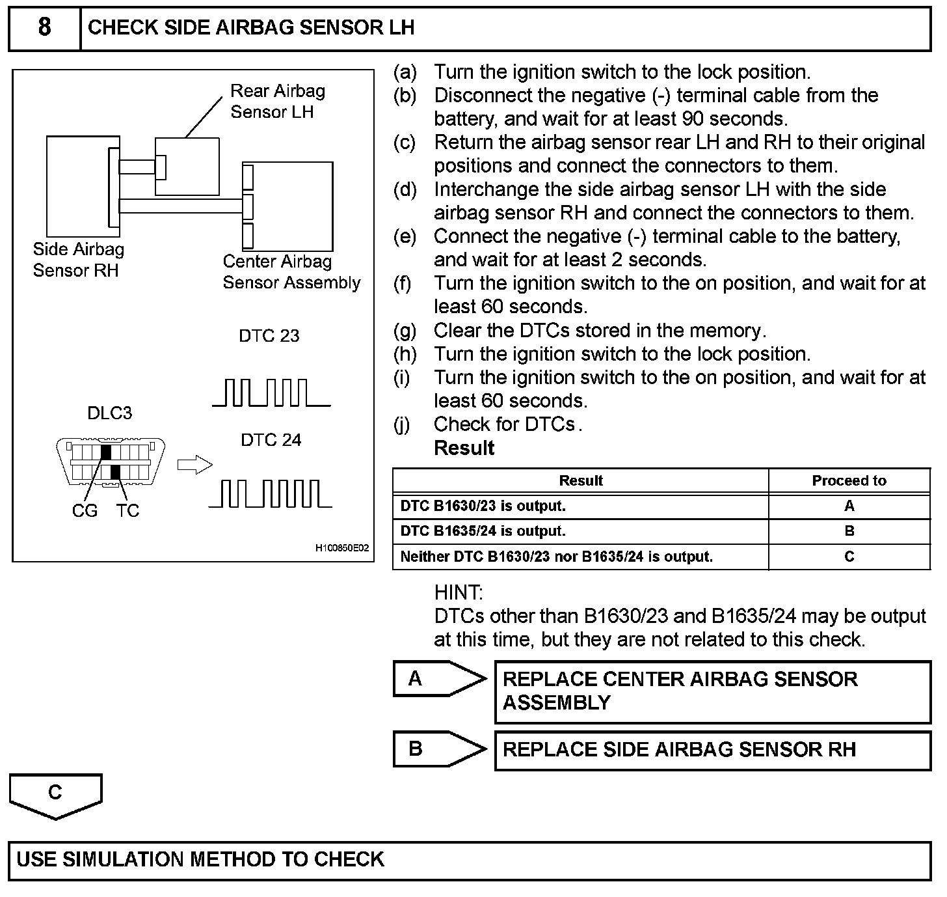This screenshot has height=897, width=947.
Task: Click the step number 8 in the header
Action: click(44, 28)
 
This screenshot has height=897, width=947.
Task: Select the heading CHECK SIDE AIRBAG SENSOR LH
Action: click(250, 28)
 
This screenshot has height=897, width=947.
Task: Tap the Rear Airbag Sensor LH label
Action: click(278, 102)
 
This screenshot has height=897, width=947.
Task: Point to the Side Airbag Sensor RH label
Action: click(78, 260)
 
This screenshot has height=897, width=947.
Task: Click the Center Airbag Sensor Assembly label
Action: click(291, 272)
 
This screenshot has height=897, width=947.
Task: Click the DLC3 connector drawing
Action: click(111, 462)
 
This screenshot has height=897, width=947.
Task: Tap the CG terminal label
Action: click(85, 511)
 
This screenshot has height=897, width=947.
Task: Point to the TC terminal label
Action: click(128, 511)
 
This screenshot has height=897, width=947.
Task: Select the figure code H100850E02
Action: click(342, 548)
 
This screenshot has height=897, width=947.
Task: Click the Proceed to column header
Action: click(849, 481)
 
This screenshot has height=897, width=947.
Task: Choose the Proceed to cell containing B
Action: click(849, 531)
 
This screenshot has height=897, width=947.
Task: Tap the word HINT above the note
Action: click(459, 593)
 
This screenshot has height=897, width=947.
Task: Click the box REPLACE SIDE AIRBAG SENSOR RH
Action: click(712, 751)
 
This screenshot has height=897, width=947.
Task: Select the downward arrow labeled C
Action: click(55, 795)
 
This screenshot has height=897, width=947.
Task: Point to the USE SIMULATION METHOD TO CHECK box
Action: click(470, 861)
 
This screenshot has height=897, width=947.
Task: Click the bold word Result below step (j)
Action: click(464, 448)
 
